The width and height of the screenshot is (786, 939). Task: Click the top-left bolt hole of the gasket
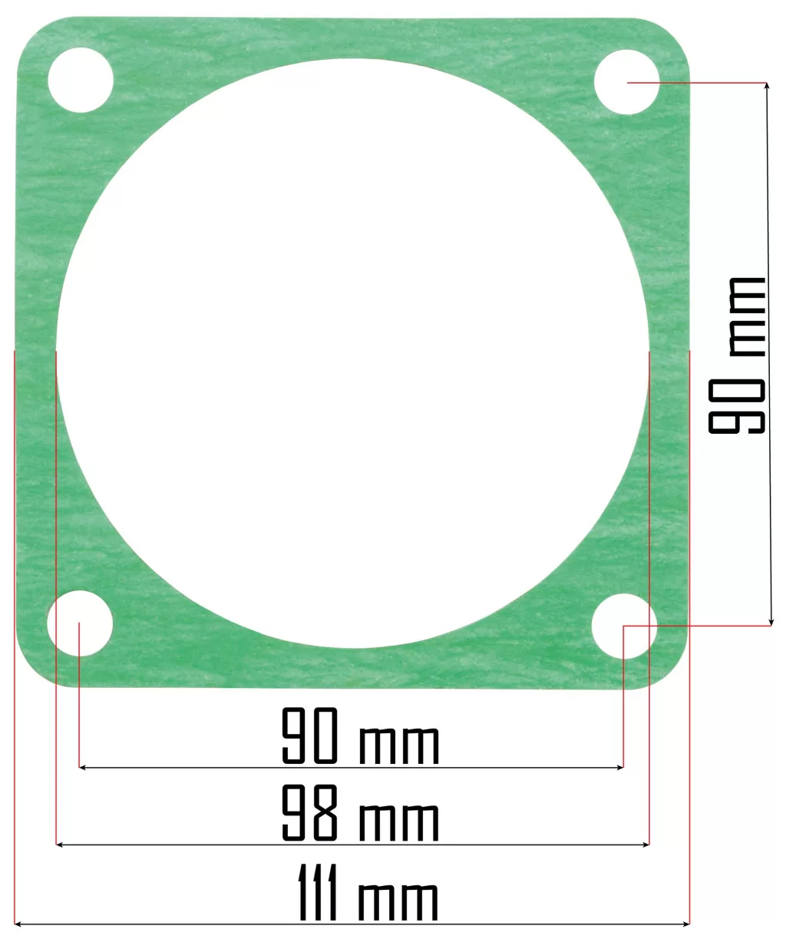[x=81, y=80]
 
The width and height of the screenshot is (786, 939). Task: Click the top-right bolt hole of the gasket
[x=627, y=82]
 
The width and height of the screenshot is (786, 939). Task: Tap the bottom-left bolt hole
[x=80, y=623]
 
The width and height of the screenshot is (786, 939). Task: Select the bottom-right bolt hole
[x=624, y=626]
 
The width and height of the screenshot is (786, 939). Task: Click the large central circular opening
[x=353, y=353]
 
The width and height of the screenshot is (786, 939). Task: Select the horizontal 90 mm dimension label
[x=361, y=736]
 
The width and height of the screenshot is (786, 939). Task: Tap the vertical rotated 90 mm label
[x=737, y=355]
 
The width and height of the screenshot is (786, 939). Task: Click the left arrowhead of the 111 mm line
[x=18, y=924]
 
